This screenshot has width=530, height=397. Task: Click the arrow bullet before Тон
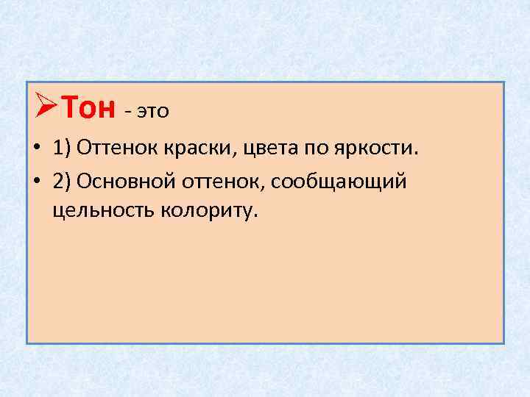(46, 109)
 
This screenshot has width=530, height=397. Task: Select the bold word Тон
(87, 109)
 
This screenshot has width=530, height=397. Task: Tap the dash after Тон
(128, 112)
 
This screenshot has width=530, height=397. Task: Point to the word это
(152, 112)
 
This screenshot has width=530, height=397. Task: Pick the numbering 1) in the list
(63, 150)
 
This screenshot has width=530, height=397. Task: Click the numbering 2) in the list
(63, 181)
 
